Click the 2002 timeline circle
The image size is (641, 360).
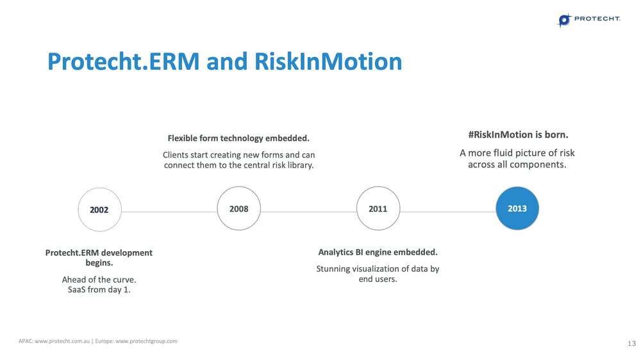99,209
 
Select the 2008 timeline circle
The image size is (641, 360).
238,208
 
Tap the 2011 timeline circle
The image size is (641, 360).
378,208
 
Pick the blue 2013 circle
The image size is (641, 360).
517,208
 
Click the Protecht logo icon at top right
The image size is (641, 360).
564,20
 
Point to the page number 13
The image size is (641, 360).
631,344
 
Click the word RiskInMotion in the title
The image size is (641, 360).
328,61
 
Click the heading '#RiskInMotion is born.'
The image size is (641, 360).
517,135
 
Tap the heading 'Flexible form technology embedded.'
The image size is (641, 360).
238,138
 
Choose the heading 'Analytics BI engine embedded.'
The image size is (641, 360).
378,252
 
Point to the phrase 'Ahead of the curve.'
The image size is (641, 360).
99,280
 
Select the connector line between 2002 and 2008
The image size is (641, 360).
169,211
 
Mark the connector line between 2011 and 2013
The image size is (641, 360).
447,211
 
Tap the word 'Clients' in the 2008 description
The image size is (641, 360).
177,155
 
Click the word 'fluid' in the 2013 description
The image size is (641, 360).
504,153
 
